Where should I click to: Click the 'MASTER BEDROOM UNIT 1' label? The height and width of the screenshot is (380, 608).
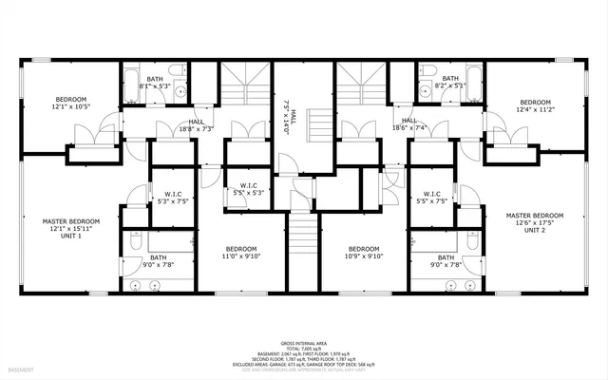click(70, 227)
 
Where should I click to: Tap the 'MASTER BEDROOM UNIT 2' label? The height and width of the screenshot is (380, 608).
click(535, 221)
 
